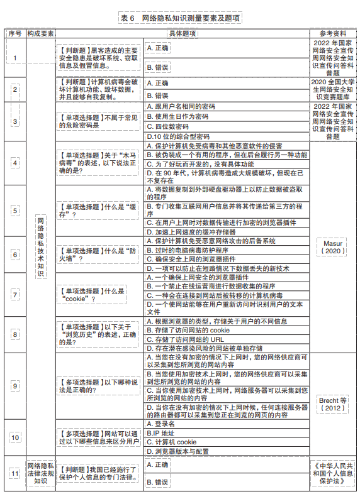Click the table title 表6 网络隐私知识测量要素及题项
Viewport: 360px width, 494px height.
[x=180, y=18]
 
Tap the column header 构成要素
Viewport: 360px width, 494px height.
[x=40, y=33]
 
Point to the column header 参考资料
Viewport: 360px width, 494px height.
[x=333, y=33]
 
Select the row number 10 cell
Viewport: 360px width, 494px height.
[x=14, y=437]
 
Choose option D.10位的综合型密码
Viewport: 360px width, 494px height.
[x=178, y=136]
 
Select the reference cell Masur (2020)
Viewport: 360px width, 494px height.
[x=333, y=246]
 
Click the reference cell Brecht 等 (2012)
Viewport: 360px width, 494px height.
[x=333, y=402]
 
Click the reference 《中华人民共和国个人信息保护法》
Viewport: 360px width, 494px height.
[x=333, y=473]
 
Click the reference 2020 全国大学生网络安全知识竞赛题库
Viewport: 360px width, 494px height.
[x=333, y=90]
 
